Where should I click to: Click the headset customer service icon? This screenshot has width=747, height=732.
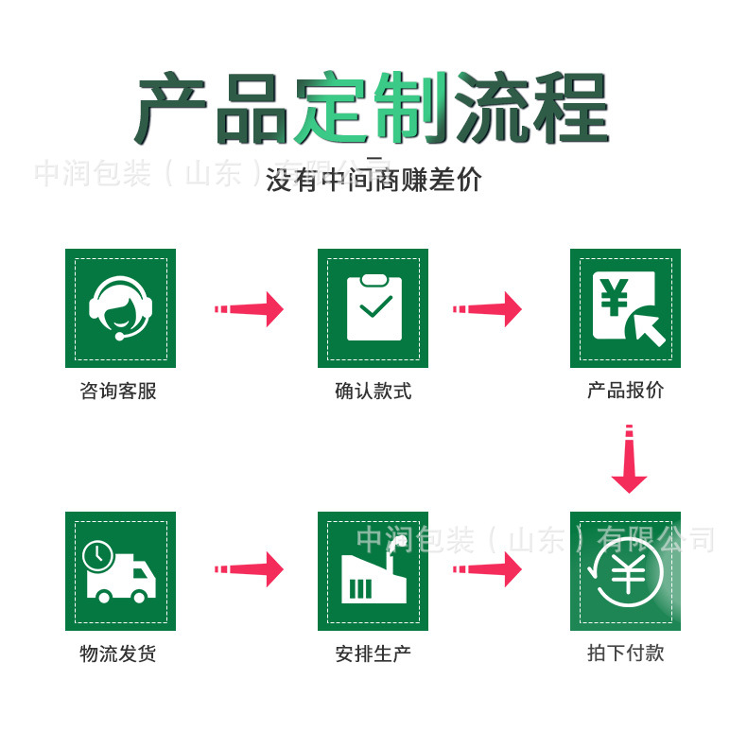point(120,308)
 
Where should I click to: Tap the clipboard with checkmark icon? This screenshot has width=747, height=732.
point(373,308)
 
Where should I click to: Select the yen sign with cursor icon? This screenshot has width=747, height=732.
point(625,308)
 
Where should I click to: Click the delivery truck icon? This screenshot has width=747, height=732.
point(120,571)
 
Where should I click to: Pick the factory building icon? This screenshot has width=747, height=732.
point(373,571)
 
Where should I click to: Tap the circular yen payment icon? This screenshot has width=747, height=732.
point(625,571)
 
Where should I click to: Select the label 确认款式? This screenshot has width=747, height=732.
point(373,391)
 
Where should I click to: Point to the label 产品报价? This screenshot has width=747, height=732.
point(625,391)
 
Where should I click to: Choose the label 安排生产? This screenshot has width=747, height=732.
point(373,654)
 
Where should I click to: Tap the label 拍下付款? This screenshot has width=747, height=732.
point(625,654)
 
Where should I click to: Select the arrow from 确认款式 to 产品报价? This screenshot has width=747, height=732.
point(488,309)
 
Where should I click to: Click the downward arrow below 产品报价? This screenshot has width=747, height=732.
point(629,461)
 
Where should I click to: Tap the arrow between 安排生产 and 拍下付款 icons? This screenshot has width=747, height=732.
point(488,569)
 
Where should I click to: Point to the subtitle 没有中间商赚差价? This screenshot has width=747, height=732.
point(373,180)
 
